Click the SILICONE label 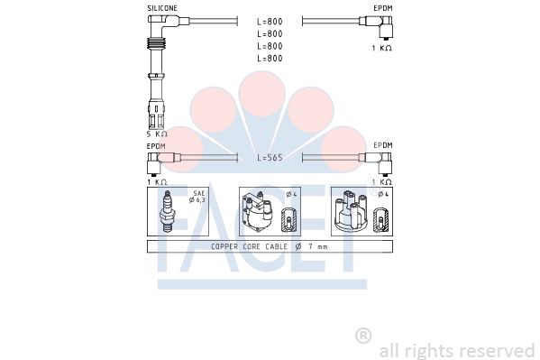(x=162, y=8)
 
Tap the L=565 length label (x=270, y=158)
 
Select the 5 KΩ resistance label (x=157, y=134)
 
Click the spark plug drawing (x=168, y=211)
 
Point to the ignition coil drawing (x=257, y=212)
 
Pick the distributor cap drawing (x=351, y=212)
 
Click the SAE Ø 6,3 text (x=197, y=197)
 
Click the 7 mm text (x=318, y=246)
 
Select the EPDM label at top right (x=383, y=8)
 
